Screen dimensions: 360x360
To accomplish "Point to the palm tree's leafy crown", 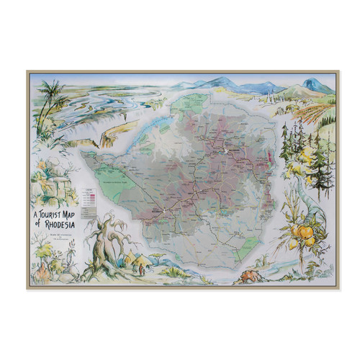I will tap(51, 93).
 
